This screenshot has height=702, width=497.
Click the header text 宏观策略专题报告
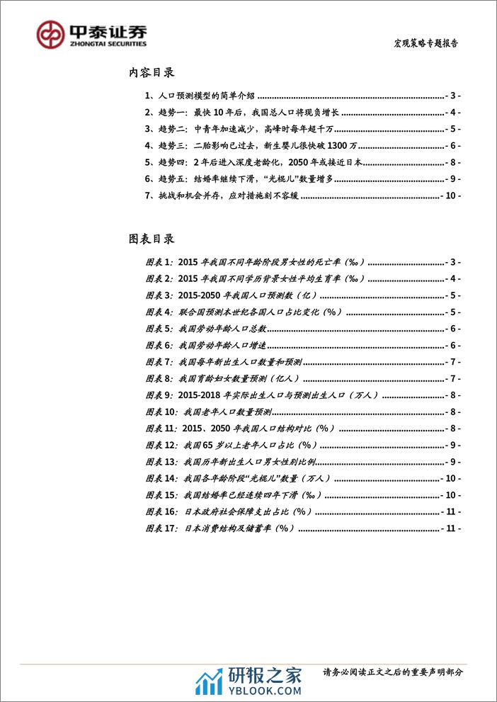[x=426, y=42]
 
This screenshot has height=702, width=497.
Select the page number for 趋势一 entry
[x=454, y=112]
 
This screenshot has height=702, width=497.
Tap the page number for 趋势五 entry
[x=454, y=179]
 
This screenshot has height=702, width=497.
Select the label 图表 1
[x=157, y=261]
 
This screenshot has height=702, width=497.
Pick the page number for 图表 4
[x=454, y=312]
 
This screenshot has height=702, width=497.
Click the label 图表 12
[x=159, y=446]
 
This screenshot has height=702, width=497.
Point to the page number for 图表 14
[x=451, y=479]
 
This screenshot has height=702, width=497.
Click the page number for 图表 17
[x=451, y=529]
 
